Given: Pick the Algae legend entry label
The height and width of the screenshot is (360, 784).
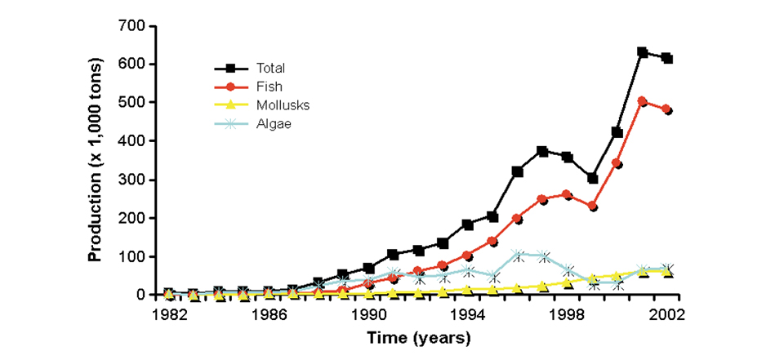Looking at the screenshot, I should click(267, 123).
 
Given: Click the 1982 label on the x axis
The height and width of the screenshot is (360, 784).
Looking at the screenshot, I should click(167, 313).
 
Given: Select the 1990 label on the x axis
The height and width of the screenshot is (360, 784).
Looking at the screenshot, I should click(368, 313).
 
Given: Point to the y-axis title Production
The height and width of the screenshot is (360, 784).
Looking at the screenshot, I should click(96, 160).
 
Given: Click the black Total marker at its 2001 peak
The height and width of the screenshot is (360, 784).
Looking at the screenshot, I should click(643, 52).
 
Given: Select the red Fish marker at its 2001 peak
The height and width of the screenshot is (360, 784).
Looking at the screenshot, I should click(643, 102).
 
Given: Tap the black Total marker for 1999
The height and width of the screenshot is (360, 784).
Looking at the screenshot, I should click(592, 178).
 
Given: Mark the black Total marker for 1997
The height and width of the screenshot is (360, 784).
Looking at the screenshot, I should click(542, 151).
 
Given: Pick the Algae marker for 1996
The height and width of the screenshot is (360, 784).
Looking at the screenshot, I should click(517, 256).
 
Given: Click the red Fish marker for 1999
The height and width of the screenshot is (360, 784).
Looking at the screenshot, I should click(592, 207).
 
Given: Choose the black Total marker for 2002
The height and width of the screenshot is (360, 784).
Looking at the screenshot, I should click(667, 58).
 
